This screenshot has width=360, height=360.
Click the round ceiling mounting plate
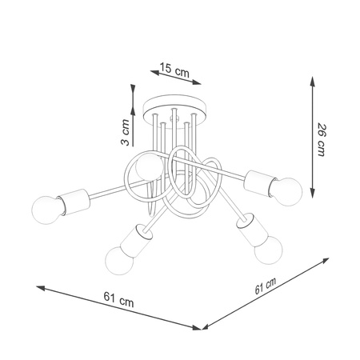174,108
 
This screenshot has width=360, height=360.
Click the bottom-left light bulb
117,258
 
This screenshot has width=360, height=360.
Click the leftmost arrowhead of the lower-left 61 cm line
38,286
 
